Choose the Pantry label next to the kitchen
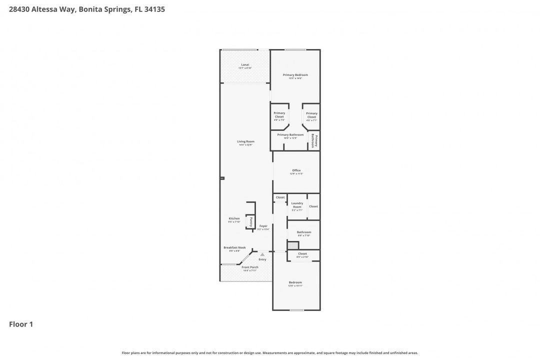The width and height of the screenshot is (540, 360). (251, 221)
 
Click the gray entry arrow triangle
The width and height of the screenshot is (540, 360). (262, 254)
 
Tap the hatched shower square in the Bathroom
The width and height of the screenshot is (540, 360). (292, 245)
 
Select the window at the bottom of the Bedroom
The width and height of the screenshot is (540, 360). (296, 310)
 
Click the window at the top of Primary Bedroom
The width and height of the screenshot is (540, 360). (295, 49)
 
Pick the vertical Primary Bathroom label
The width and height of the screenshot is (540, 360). (314, 140)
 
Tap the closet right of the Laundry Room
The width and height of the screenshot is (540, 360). (313, 206)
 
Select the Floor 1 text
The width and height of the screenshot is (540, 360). (21, 324)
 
